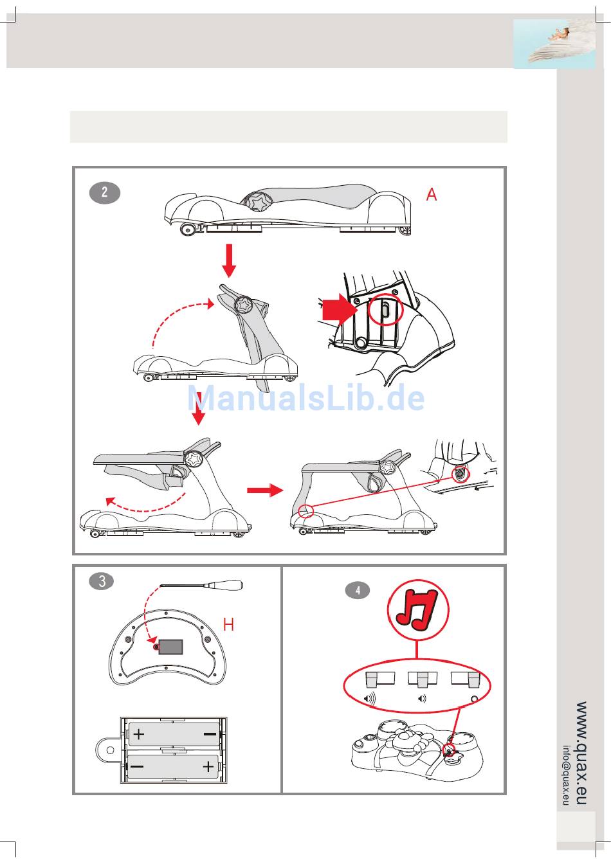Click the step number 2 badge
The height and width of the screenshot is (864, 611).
pyautogui.click(x=104, y=193)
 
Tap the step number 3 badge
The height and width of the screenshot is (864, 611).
pyautogui.click(x=102, y=582)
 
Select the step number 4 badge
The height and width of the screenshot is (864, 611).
pyautogui.click(x=358, y=591)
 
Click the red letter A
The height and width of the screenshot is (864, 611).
pyautogui.click(x=432, y=194)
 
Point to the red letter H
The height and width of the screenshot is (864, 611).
pyautogui.click(x=228, y=624)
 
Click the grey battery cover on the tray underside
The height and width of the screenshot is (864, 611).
pyautogui.click(x=170, y=647)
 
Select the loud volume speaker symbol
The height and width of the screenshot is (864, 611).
pyautogui.click(x=370, y=699)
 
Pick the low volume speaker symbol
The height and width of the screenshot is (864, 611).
pyautogui.click(x=422, y=699)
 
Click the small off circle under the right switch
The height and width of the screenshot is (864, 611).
pyautogui.click(x=475, y=699)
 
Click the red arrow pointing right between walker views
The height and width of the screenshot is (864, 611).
pyautogui.click(x=264, y=491)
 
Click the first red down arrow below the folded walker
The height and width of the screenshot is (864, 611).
pyautogui.click(x=229, y=259)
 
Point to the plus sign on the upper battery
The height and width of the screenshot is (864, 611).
pyautogui.click(x=139, y=734)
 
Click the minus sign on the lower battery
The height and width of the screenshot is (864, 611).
pyautogui.click(x=138, y=766)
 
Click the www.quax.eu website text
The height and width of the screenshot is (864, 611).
pyautogui.click(x=581, y=753)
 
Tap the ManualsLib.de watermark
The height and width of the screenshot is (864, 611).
pyautogui.click(x=306, y=399)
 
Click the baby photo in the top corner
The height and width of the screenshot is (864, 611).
pyautogui.click(x=554, y=43)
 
